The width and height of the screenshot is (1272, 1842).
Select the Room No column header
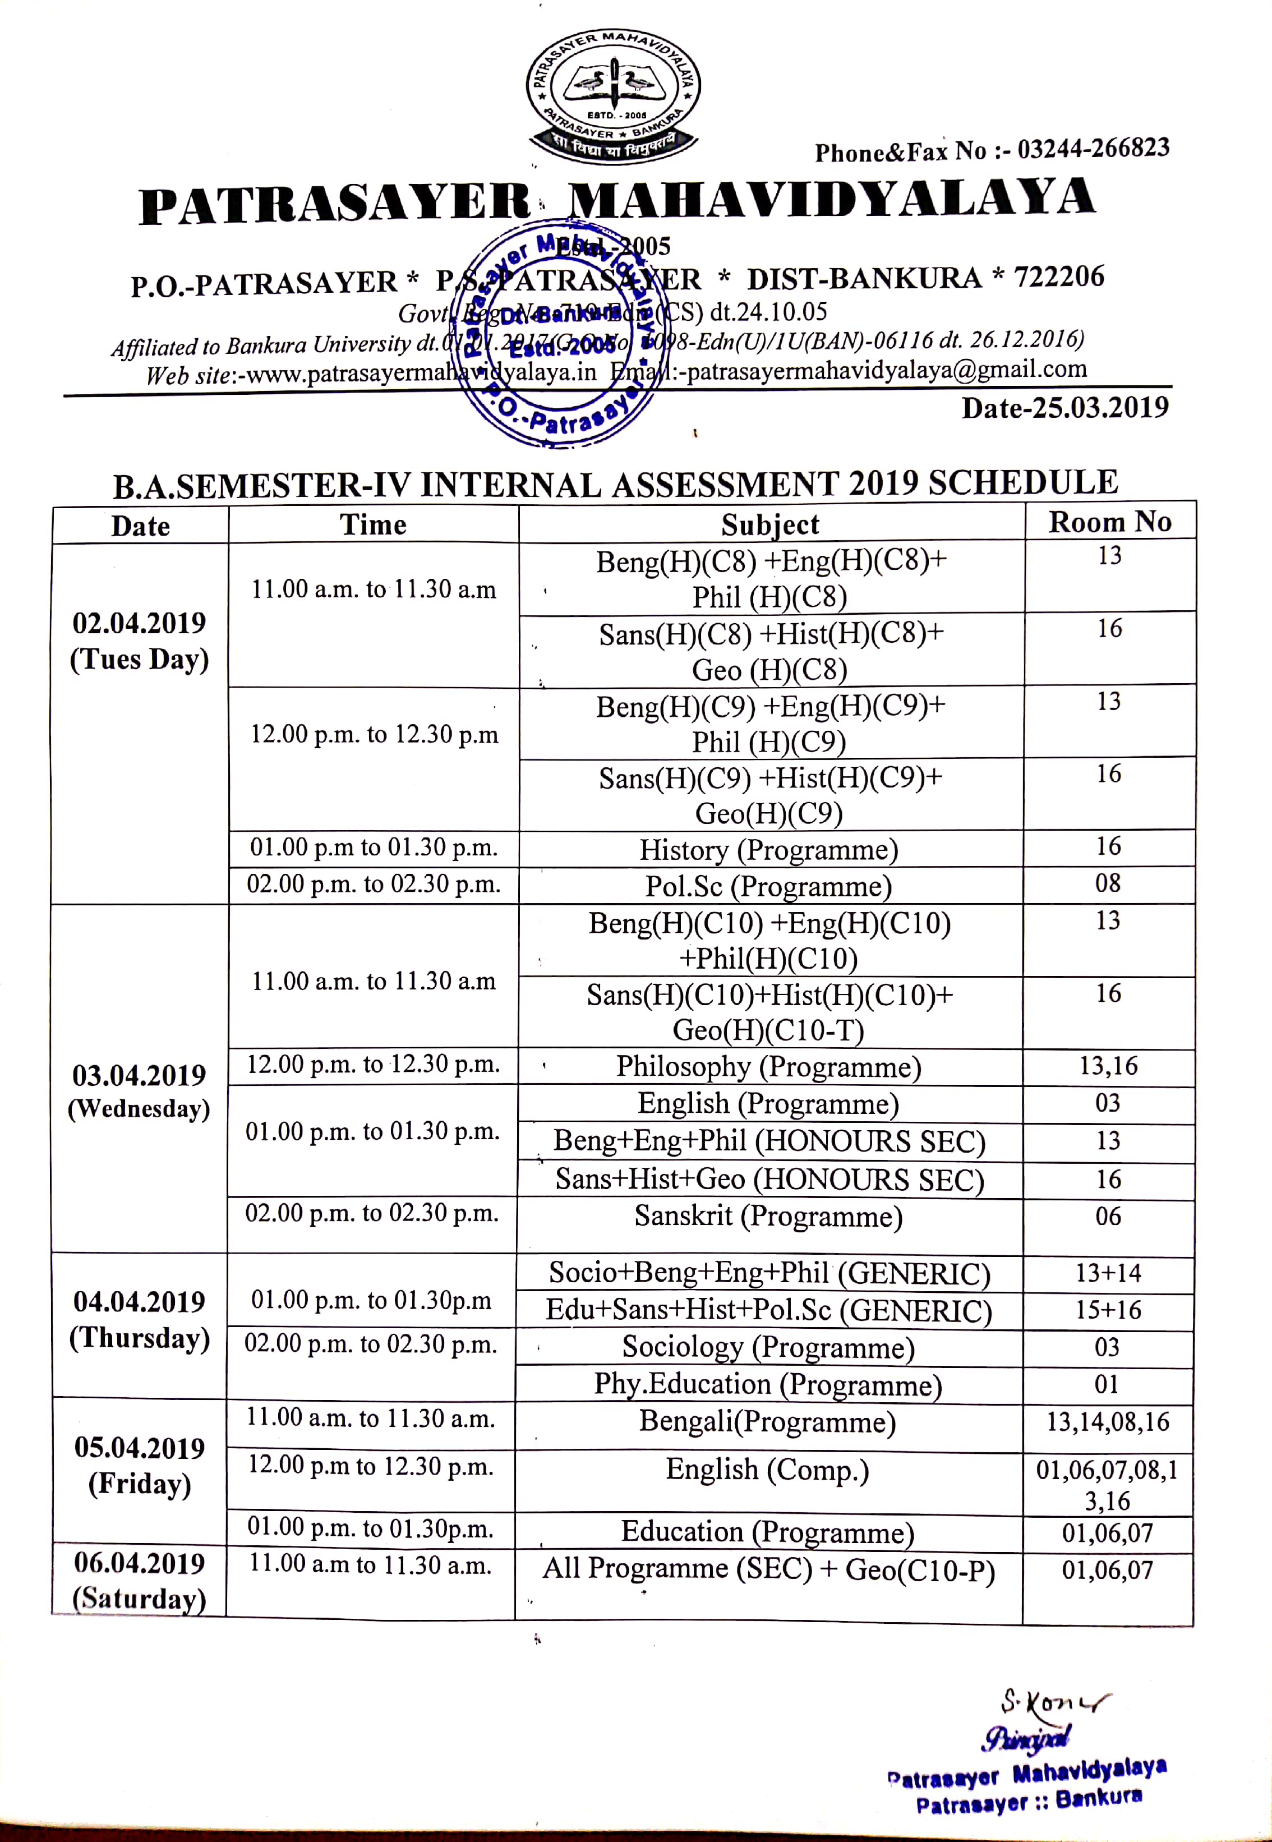pyautogui.click(x=1109, y=522)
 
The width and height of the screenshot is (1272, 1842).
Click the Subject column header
pyautogui.click(x=770, y=524)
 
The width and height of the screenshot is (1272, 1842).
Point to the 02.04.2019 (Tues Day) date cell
pyautogui.click(x=140, y=641)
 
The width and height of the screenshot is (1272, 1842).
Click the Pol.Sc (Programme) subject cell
pyautogui.click(x=769, y=886)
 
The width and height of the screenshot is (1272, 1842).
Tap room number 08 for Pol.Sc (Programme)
pyautogui.click(x=1108, y=883)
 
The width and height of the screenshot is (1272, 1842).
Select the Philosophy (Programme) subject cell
pyautogui.click(x=769, y=1066)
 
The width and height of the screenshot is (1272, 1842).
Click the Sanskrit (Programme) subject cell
pyautogui.click(x=769, y=1216)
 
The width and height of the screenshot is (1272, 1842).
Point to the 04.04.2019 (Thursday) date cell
pyautogui.click(x=140, y=1319)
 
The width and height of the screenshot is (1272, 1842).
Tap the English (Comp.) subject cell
pyautogui.click(x=767, y=1469)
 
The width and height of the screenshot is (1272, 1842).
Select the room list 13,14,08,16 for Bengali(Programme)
pyautogui.click(x=1108, y=1422)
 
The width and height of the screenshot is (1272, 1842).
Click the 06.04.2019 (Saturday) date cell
pyautogui.click(x=140, y=1581)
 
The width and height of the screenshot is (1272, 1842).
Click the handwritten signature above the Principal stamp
pyautogui.click(x=1052, y=1706)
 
